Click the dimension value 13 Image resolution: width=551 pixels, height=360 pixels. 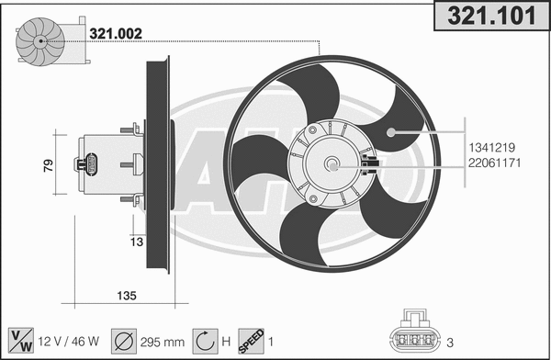point(136,242)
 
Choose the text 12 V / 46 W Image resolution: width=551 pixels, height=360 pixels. point(66,340)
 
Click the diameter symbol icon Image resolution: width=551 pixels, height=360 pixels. point(121,340)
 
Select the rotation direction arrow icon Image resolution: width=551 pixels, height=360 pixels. point(204,340)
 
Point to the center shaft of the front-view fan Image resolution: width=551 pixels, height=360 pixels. point(332,166)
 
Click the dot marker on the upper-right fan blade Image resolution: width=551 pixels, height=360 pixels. point(390,132)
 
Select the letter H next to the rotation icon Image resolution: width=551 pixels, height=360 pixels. point(226,340)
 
